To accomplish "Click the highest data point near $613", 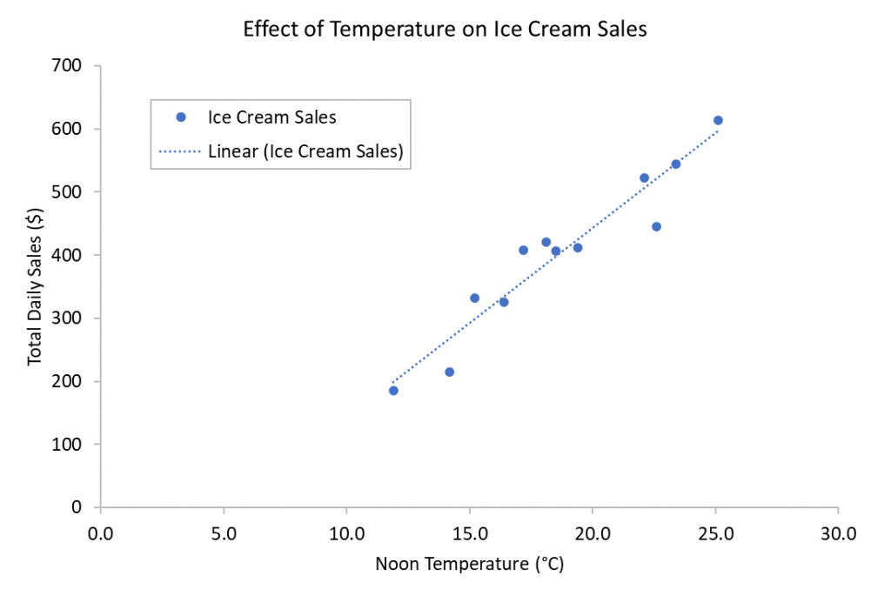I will (718, 121).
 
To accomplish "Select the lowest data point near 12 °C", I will (393, 391).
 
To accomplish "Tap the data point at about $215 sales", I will (450, 372).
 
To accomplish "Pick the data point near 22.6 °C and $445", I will (656, 227).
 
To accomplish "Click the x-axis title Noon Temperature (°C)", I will (470, 565).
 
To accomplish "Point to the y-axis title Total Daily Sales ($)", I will (36, 286).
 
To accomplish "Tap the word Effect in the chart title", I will (269, 30).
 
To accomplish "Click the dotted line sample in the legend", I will (181, 151).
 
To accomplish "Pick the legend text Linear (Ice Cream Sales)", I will (305, 151).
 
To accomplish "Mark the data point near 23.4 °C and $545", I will (675, 164).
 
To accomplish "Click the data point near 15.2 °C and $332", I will (474, 298).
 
